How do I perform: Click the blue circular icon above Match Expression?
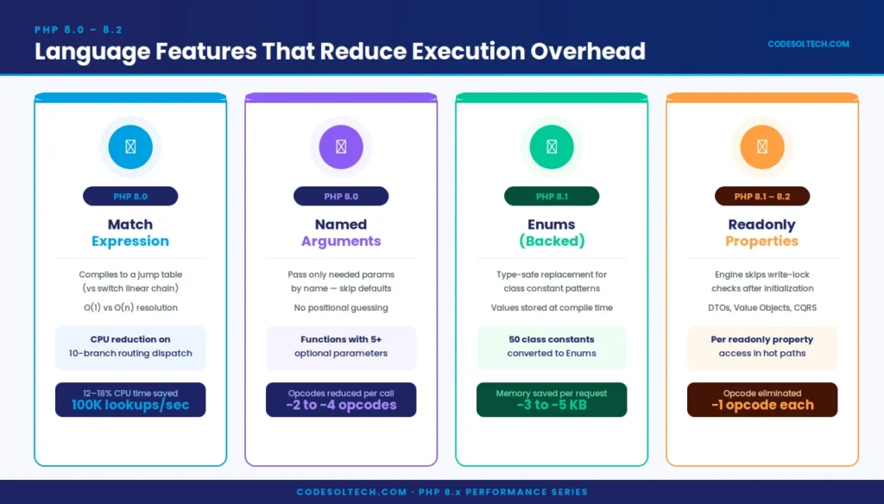pos(130,147)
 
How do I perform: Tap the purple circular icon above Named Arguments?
pos(341,147)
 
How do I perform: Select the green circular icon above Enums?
pos(552,147)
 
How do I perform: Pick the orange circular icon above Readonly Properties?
pos(762,147)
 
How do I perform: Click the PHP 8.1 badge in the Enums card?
pos(552,197)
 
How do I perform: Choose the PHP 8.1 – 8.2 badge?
pos(762,197)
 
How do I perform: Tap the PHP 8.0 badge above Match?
pos(130,197)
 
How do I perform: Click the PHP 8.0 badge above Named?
pos(341,197)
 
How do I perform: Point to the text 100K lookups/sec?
pos(130,405)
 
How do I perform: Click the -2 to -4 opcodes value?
pos(341,405)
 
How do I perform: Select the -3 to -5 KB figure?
pos(552,405)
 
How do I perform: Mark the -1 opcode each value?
pos(762,405)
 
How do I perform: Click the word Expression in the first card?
pos(130,242)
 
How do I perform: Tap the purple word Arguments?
pos(341,242)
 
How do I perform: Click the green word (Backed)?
pos(552,242)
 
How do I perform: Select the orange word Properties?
pos(762,242)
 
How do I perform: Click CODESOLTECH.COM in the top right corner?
pos(808,44)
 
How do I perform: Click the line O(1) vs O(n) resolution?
pos(130,307)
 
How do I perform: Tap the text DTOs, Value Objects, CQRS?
pos(762,307)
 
